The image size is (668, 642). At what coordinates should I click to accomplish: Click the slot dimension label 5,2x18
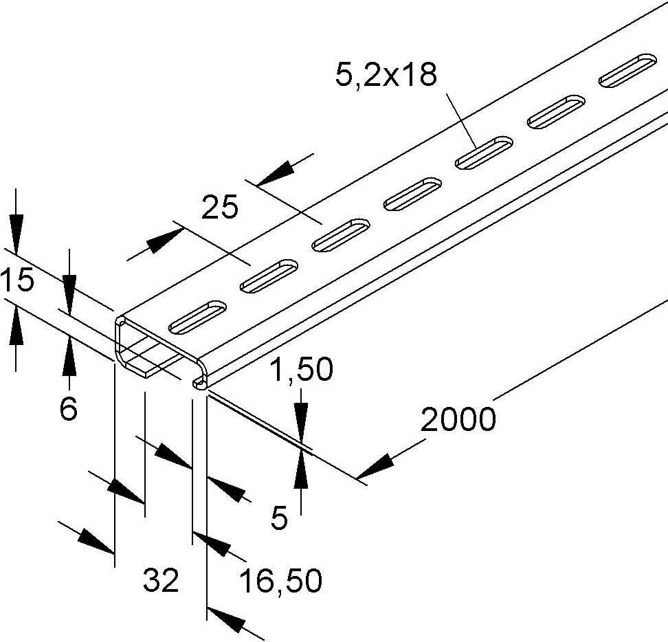pyautogui.click(x=386, y=74)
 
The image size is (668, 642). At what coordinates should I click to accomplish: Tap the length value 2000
pyautogui.click(x=458, y=419)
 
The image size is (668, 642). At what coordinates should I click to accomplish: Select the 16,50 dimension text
pyautogui.click(x=280, y=582)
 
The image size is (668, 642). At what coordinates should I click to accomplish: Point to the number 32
pyautogui.click(x=161, y=582)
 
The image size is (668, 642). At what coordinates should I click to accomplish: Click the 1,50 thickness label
pyautogui.click(x=301, y=370)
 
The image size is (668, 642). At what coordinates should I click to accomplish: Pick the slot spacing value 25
pyautogui.click(x=220, y=207)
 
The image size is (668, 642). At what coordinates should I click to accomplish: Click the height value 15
pyautogui.click(x=16, y=281)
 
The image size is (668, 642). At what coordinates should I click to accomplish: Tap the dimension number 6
pyautogui.click(x=69, y=410)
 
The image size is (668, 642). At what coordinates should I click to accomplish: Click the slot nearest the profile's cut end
pyautogui.click(x=197, y=313)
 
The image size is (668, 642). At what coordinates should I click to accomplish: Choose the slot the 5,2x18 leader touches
pyautogui.click(x=484, y=152)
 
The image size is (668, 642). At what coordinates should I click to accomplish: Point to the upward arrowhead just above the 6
pyautogui.click(x=69, y=357)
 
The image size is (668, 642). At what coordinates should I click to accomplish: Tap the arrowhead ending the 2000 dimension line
pyautogui.click(x=374, y=468)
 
